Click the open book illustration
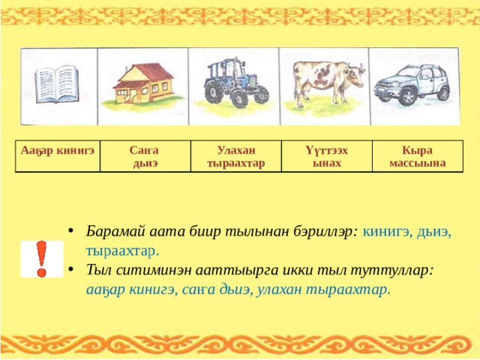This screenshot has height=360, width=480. point(56,84)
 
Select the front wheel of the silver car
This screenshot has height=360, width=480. point(406,96)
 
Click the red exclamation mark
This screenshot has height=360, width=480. point(41,259)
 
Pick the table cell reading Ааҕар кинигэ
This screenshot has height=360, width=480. point(58,156)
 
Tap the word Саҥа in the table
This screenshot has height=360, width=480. point(144,150)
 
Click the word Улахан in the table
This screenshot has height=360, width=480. point(236,150)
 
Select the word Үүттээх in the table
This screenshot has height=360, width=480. point(327,150)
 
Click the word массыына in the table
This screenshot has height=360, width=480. point(418,163)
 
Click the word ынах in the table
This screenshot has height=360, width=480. point(327,163)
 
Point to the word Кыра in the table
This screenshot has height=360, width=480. point(417,150)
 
